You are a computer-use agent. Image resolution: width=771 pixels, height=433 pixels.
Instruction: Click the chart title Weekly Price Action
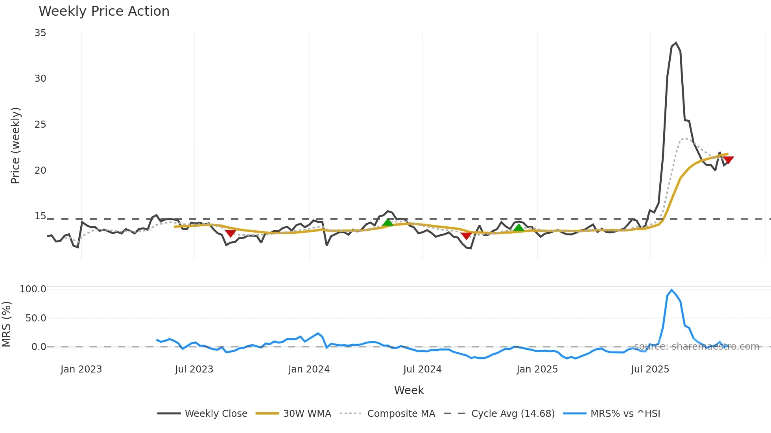coord(104,11)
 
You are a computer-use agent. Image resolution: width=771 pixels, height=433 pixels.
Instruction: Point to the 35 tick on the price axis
coord(40,33)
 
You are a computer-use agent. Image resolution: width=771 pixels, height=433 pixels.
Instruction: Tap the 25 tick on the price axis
coord(40,125)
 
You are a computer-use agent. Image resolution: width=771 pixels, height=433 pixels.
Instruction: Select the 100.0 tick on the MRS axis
coord(33,289)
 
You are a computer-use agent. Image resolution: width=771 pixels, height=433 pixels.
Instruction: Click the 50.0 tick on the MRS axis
coord(35,318)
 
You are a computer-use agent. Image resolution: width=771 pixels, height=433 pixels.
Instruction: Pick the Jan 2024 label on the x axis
coord(309,369)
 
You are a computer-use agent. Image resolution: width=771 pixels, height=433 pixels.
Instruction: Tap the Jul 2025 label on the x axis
coord(650,369)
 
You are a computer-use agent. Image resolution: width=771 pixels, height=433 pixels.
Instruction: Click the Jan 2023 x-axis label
coord(81,369)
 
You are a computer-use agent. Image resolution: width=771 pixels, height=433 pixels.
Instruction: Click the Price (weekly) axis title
coord(15,145)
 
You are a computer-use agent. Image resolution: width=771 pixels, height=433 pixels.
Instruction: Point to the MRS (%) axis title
coord(6,324)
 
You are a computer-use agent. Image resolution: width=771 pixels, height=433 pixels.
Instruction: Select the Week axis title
coord(409,390)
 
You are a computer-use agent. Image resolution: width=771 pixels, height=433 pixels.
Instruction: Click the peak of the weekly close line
coord(676,43)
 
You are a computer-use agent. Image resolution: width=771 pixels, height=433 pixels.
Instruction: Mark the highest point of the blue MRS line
coord(671,290)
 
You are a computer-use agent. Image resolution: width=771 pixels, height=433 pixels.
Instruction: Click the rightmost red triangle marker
coord(728,160)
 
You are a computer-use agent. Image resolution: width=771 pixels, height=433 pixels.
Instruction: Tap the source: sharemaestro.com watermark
coord(696,347)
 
